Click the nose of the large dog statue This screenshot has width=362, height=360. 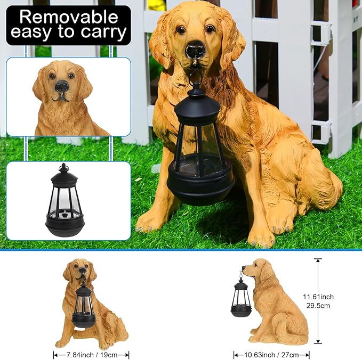[195, 50]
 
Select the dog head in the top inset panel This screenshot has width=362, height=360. [60, 85]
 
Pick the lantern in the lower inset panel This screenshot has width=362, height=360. [64, 200]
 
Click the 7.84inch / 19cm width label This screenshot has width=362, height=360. [91, 354]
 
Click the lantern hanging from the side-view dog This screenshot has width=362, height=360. [240, 298]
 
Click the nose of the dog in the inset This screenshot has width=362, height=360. [61, 86]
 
